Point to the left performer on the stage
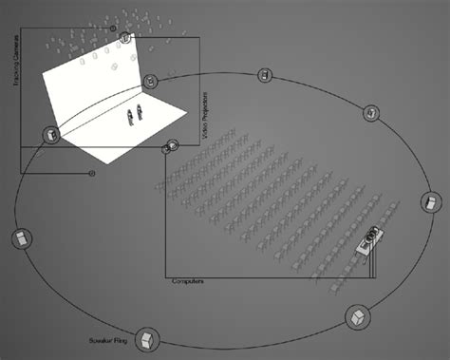pyautogui.click(x=131, y=116)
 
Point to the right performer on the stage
pyautogui.click(x=141, y=112)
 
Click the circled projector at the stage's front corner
pyautogui.click(x=172, y=146)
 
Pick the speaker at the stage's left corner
pyautogui.click(x=49, y=136)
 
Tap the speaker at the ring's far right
pyautogui.click(x=430, y=202)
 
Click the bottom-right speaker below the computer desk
pyautogui.click(x=356, y=314)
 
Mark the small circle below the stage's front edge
pyautogui.click(x=92, y=173)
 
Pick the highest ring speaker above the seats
pyautogui.click(x=268, y=75)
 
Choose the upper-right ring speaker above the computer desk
pyautogui.click(x=371, y=113)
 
